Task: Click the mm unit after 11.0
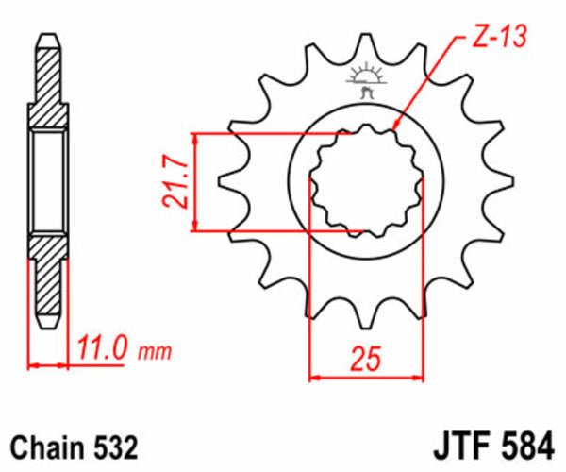156,354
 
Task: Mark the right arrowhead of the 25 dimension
419,377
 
